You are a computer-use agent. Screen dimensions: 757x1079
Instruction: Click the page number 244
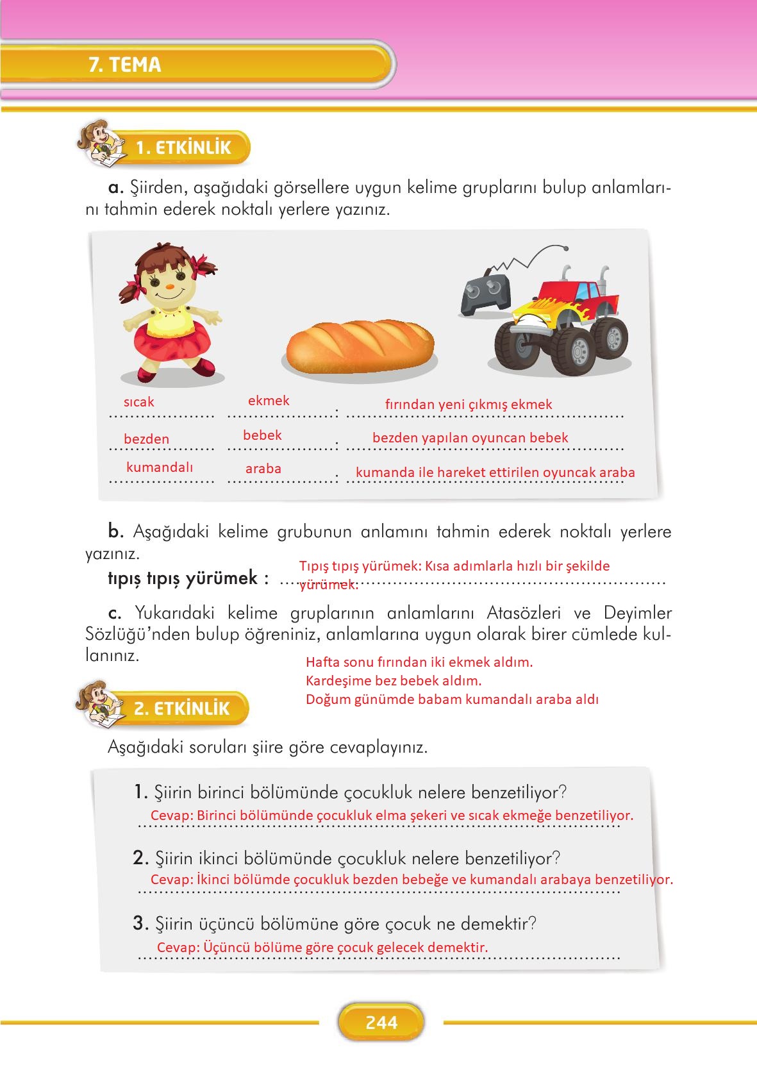pyautogui.click(x=381, y=1022)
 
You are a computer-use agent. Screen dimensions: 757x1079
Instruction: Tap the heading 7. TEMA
pyautogui.click(x=126, y=65)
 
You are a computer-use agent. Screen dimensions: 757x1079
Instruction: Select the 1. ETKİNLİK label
pyautogui.click(x=183, y=148)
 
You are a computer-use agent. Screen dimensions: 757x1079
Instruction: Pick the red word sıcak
pyautogui.click(x=139, y=402)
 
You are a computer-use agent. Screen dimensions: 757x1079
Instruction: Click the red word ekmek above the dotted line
pyautogui.click(x=269, y=401)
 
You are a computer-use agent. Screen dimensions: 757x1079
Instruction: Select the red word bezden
pyautogui.click(x=147, y=439)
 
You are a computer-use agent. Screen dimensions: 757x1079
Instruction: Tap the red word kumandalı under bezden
pyautogui.click(x=160, y=467)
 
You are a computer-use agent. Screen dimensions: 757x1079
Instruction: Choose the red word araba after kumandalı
pyautogui.click(x=263, y=469)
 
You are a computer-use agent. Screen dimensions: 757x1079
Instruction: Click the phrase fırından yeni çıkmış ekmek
pyautogui.click(x=469, y=404)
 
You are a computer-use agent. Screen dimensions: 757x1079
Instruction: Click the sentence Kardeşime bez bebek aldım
pyautogui.click(x=394, y=680)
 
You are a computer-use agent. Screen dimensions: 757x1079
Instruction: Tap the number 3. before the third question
pyautogui.click(x=141, y=924)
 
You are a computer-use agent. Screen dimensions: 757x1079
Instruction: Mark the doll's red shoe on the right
pyautogui.click(x=204, y=367)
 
